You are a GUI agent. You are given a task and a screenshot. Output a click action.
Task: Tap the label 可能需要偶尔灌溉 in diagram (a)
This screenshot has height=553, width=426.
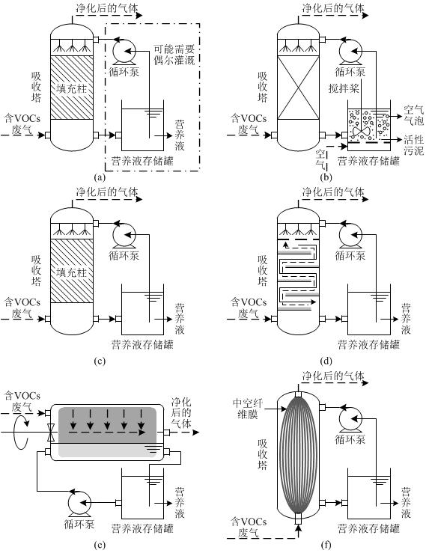click(174, 55)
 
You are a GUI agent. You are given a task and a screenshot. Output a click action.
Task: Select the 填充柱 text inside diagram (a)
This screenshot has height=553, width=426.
click(72, 88)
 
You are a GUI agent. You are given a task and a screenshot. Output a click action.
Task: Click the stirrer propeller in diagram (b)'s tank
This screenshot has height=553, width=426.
click(361, 132)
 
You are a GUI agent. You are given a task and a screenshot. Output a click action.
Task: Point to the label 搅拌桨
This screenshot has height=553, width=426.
click(344, 88)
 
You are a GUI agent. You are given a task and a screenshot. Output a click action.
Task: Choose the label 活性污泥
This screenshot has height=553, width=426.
click(414, 144)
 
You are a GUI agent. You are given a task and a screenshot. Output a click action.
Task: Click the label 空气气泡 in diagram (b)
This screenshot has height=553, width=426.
click(414, 115)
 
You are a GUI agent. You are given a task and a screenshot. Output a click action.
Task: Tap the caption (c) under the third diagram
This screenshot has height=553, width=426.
click(100, 361)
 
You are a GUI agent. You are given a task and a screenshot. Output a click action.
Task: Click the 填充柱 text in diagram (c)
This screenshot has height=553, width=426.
click(72, 272)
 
